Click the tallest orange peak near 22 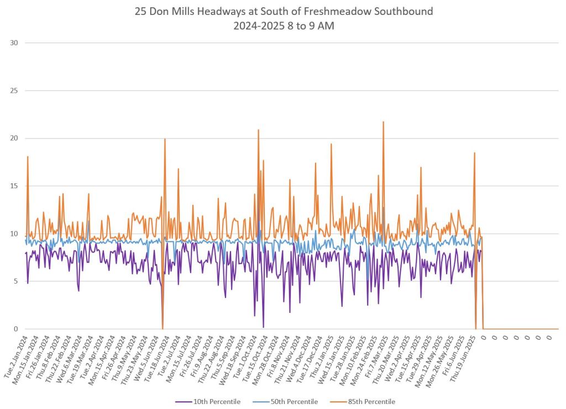[x=383, y=122]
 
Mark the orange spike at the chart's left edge [x=27, y=157]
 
